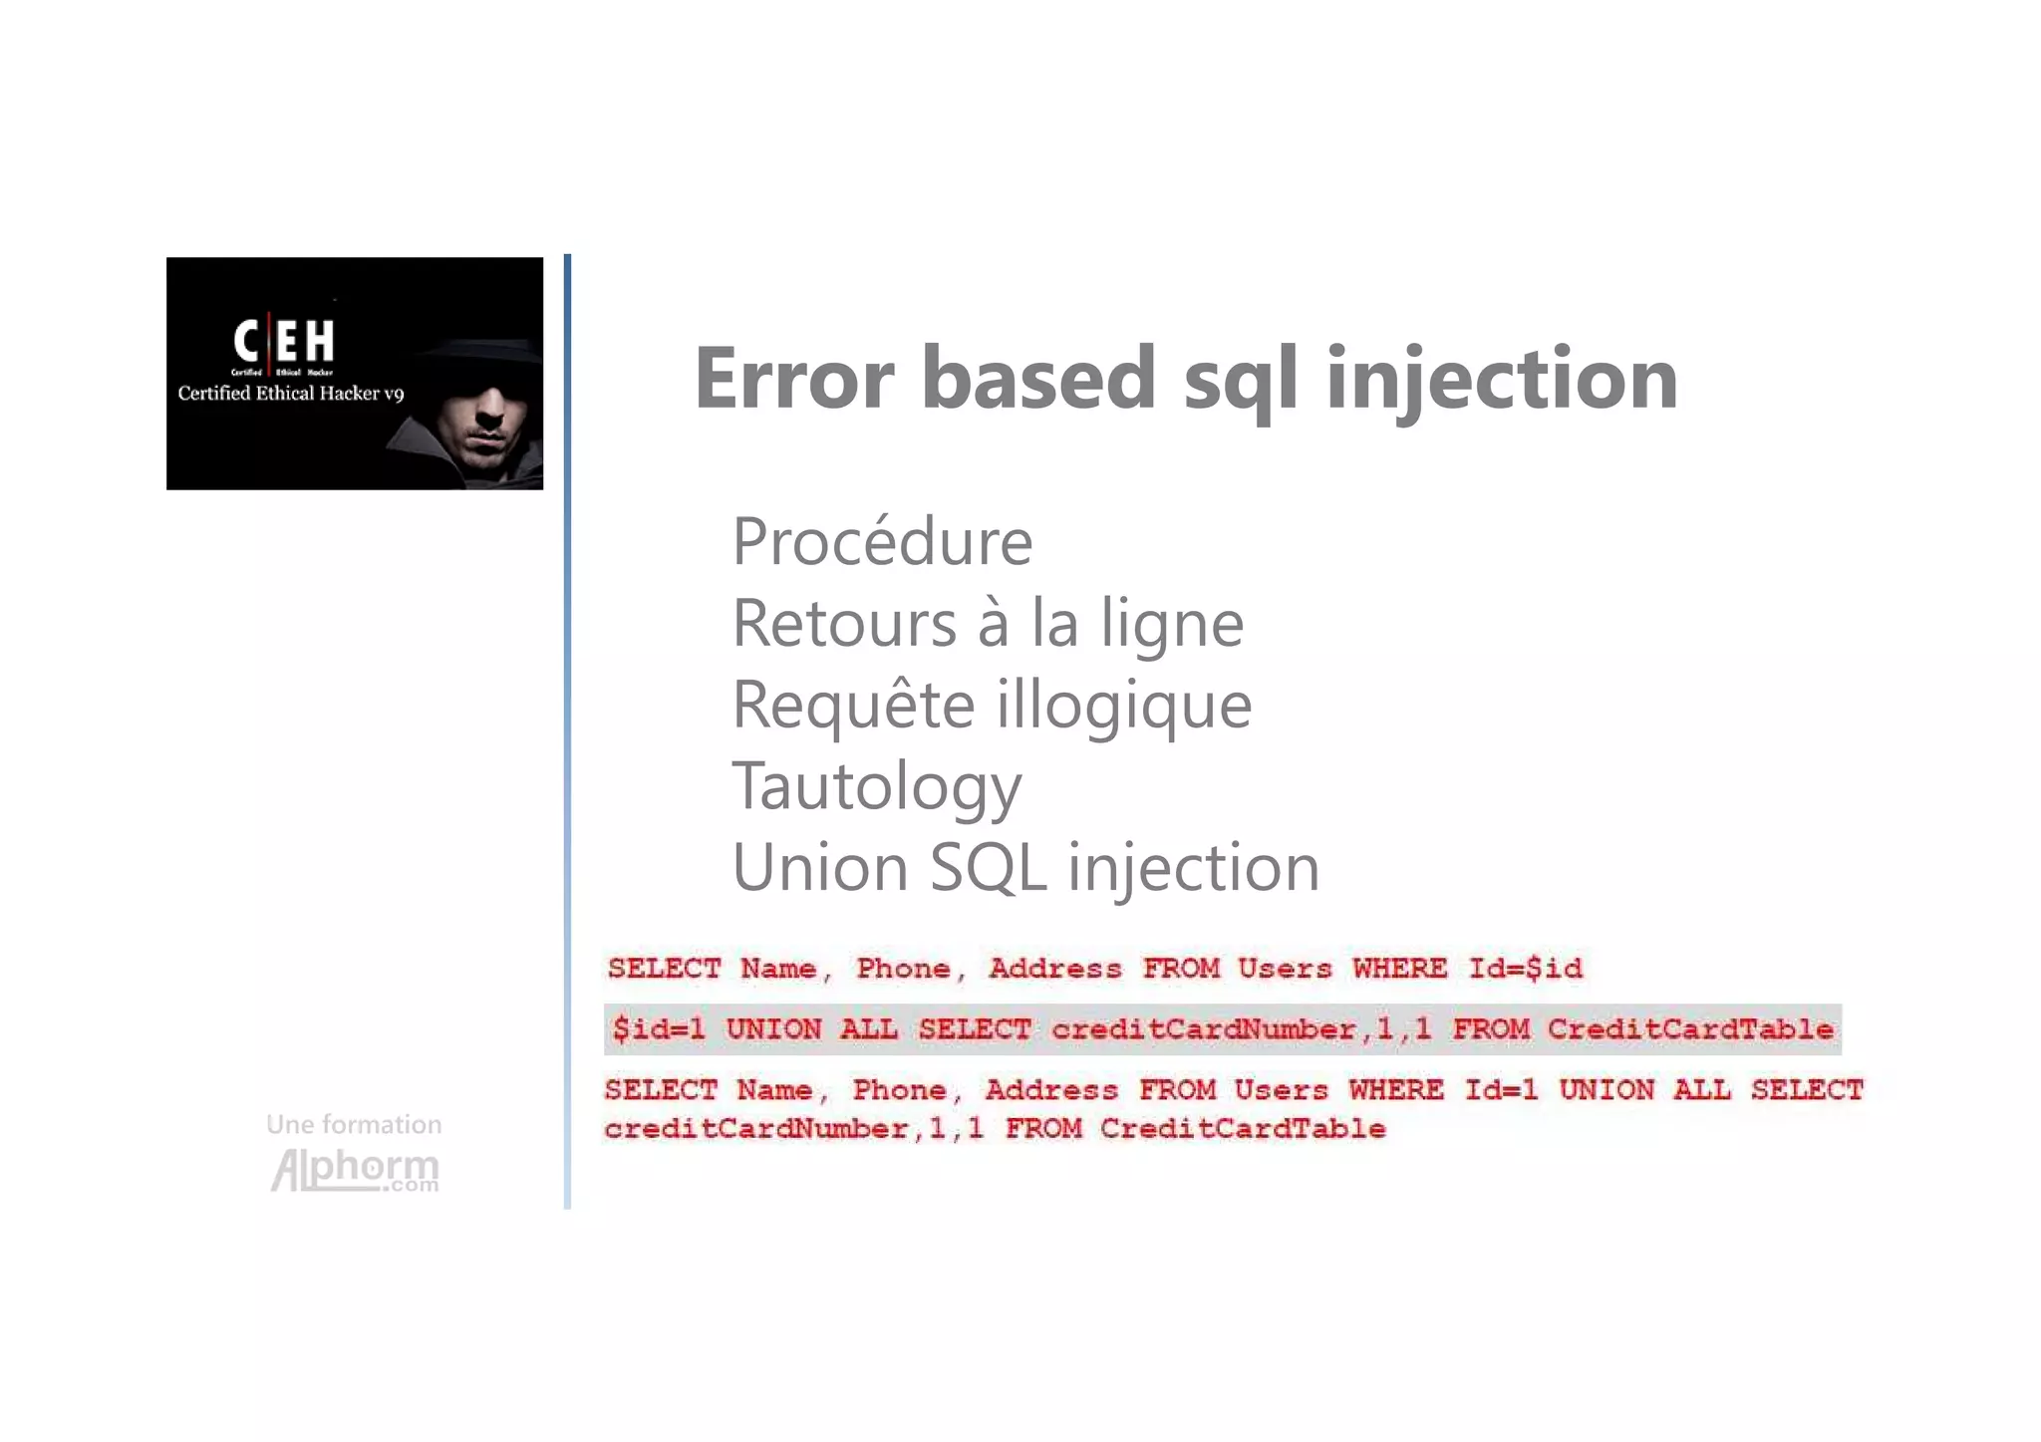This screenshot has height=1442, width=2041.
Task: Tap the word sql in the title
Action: coord(1241,380)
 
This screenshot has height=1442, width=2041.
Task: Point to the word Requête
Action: coord(852,705)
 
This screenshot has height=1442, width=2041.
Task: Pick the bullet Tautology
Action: coord(877,786)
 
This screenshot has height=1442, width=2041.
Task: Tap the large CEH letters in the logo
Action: coord(284,341)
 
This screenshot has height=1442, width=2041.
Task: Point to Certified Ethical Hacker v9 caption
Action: coord(291,394)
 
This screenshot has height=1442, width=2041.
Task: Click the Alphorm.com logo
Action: coord(355,1170)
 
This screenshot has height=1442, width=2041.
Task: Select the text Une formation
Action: coord(354,1124)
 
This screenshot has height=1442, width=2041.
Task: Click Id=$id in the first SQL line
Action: coord(1525,968)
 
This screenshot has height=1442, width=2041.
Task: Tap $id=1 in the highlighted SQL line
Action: coord(659,1028)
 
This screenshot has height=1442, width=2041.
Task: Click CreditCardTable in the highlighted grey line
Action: coord(1690,1028)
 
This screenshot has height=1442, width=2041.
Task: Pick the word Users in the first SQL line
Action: coord(1284,968)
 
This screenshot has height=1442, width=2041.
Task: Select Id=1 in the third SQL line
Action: coord(1500,1089)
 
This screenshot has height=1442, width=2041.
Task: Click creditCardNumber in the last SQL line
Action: coord(755,1128)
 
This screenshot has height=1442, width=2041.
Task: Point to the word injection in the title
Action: coord(1502,380)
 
